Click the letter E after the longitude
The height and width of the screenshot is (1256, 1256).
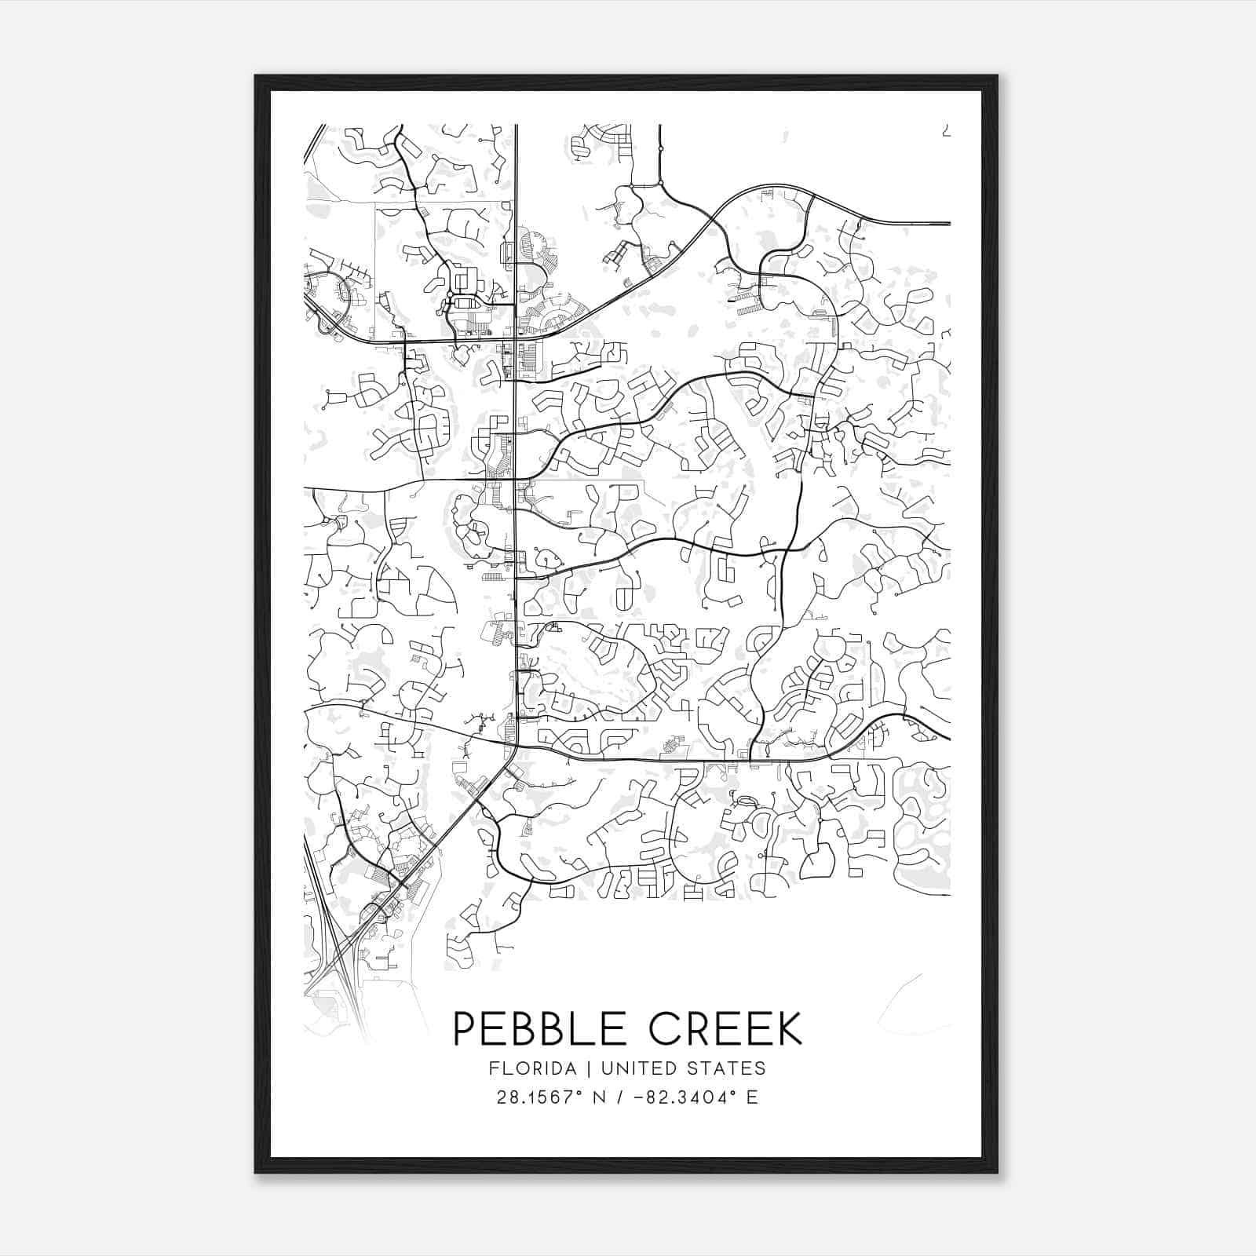tap(752, 1097)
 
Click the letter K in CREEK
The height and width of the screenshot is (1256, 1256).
tap(787, 1028)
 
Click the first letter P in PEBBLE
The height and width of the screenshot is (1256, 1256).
tap(465, 1028)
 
